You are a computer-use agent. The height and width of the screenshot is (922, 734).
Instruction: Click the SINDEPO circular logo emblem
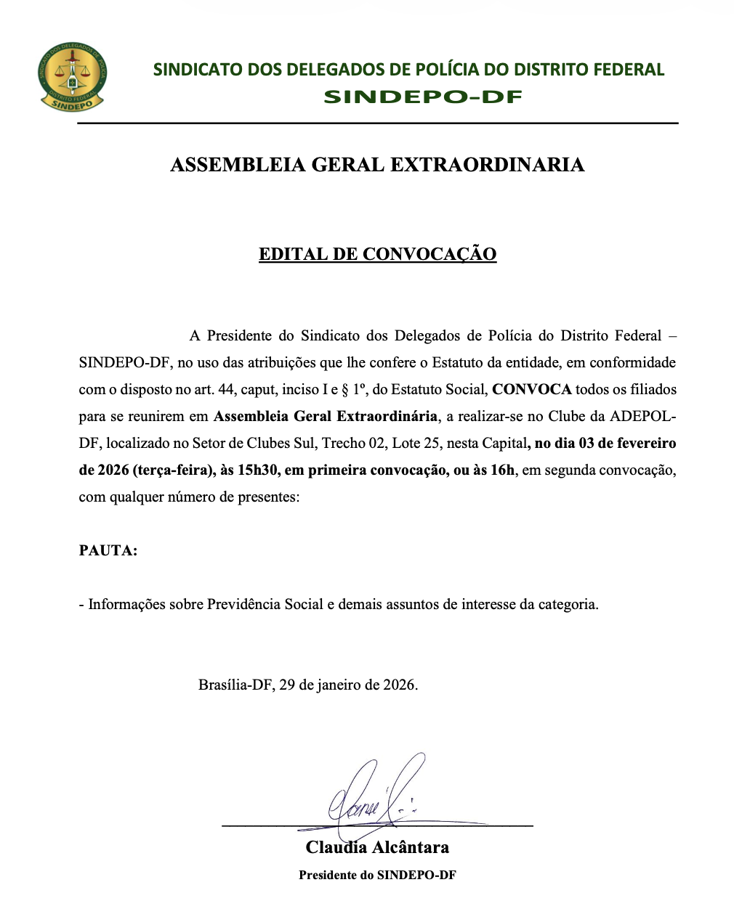pos(72,76)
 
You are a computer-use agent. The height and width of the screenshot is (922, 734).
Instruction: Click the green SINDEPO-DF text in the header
pos(422,97)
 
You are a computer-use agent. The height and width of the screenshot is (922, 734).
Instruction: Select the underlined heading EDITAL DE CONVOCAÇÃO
pos(377,254)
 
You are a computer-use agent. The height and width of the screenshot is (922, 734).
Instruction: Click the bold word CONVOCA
pos(532,390)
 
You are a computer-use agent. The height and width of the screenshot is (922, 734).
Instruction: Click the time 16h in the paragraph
pos(502,470)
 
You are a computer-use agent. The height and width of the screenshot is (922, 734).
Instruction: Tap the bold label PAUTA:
pos(108,550)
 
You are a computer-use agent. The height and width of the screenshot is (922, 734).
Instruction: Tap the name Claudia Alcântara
pos(377,847)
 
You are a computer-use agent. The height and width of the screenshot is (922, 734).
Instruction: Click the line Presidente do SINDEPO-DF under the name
pos(377,875)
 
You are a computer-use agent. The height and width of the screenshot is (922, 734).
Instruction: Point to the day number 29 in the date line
pos(287,685)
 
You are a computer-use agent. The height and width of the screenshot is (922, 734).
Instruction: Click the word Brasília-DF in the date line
pos(235,685)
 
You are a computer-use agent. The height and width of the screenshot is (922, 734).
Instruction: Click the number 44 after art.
pos(226,390)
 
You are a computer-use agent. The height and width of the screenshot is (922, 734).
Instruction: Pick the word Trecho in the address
pos(344,444)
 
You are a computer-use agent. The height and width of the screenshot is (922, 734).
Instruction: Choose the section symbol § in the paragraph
pos(345,390)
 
